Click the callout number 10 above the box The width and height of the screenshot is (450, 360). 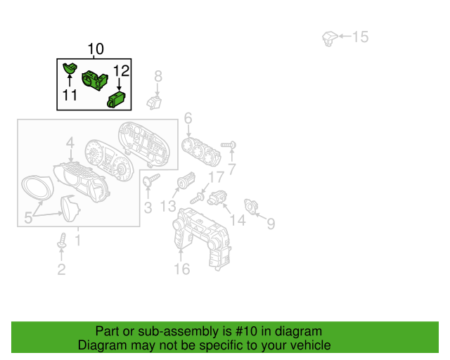(96, 49)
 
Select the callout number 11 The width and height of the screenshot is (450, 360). (70, 95)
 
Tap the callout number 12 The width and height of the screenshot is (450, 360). (121, 71)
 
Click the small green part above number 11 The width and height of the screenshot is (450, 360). (70, 67)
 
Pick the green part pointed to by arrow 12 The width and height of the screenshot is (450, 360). (116, 100)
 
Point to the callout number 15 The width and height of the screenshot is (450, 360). (360, 37)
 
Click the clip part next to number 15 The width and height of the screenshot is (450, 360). (330, 39)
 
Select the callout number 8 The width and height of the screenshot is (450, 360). (158, 77)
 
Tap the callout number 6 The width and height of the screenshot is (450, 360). (188, 118)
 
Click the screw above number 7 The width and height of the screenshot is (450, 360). (229, 146)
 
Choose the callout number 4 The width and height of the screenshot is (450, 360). (70, 143)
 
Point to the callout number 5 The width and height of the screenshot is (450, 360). (28, 217)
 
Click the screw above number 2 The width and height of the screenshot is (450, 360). (62, 240)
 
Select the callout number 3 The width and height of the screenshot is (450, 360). (148, 208)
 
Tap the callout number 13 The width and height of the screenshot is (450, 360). (168, 206)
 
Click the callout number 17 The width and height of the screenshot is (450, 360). (216, 177)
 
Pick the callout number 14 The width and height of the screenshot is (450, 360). (238, 220)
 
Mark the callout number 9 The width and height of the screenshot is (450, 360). (271, 224)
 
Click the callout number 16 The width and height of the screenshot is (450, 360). (182, 269)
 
